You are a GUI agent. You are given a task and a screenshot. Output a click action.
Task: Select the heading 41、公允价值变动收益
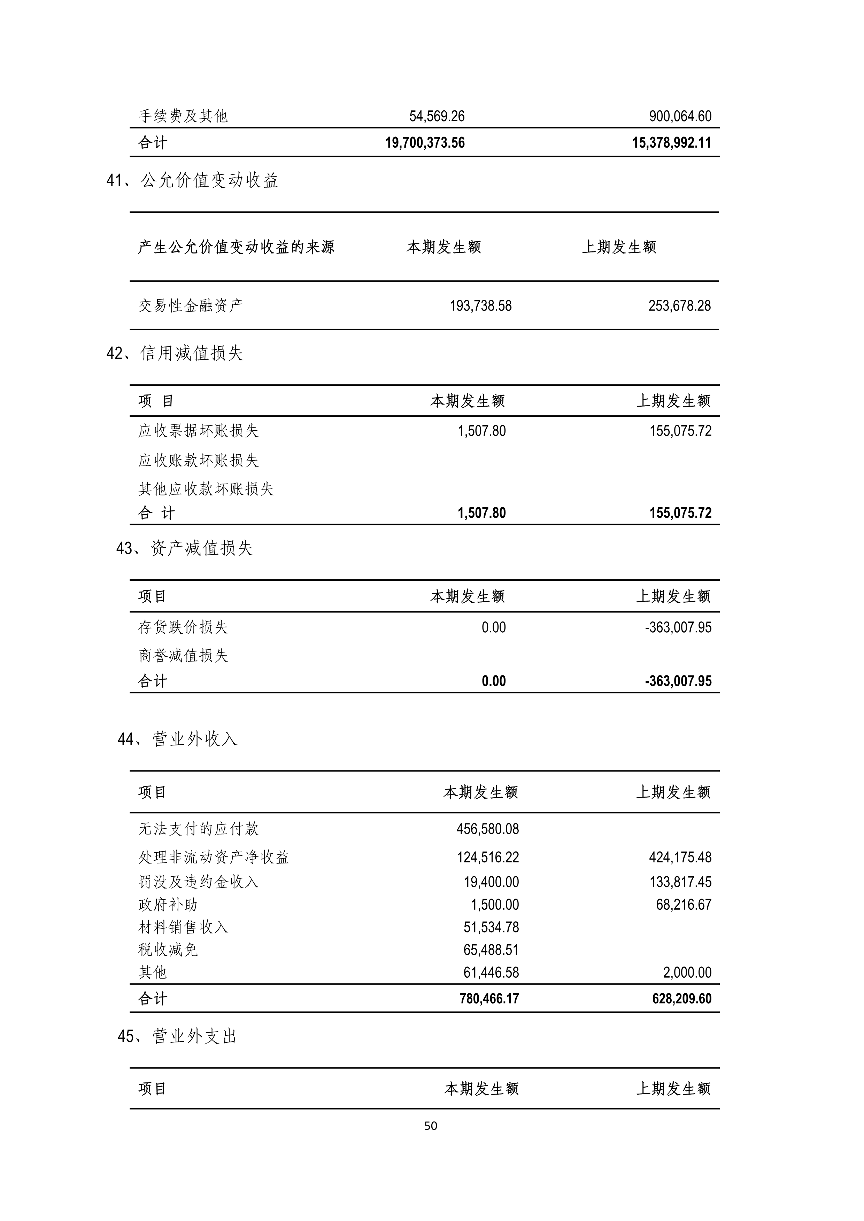pos(193,181)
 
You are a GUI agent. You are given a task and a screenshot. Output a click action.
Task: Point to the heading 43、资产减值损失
pos(185,548)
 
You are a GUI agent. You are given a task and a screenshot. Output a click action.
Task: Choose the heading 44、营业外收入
pos(178,739)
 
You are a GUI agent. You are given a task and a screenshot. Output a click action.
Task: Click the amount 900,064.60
pos(680,116)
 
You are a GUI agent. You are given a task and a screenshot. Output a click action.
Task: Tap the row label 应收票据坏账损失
pos(199,431)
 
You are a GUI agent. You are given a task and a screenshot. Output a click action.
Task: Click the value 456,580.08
pos(487,829)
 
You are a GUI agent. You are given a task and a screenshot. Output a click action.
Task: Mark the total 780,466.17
pos(489,998)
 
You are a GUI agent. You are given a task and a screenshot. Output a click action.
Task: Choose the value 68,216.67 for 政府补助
pos(683,905)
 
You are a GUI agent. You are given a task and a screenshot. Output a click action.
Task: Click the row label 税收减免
pos(168,950)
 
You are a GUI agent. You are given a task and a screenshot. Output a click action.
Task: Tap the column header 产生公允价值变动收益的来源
pos(236,247)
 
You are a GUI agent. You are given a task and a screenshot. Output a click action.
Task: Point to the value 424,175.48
pos(680,857)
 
